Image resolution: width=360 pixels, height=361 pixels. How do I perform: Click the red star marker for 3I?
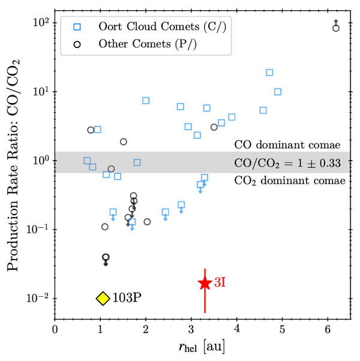pos(205,283)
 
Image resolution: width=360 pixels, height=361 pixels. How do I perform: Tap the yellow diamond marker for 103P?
pos(103,298)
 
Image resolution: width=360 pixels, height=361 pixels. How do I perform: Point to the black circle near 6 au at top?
pos(336,28)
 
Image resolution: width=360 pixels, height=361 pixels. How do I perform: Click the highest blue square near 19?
pos(269,73)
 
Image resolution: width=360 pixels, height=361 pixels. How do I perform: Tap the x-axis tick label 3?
pos(191,329)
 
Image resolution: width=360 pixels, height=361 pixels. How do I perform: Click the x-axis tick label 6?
pos(328,329)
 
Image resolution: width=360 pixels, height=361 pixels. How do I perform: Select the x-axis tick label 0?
pos(55,329)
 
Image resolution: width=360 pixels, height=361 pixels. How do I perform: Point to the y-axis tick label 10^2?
pos(39,23)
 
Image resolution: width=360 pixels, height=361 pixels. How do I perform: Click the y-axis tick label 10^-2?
pos(37,299)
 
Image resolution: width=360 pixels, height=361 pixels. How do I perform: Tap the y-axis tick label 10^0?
pos(39,161)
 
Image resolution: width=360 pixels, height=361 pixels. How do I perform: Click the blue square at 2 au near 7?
pos(145,100)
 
